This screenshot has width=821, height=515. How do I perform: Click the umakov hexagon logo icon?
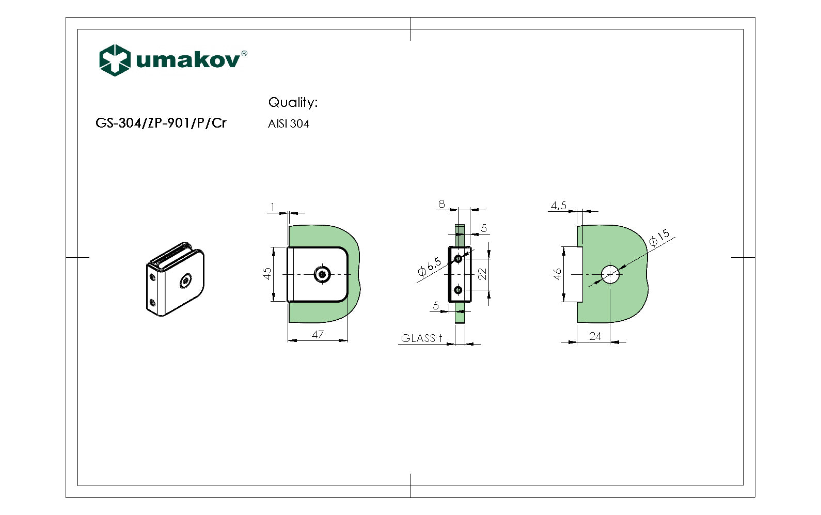pos(114,60)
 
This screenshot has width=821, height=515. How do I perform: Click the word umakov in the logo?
pos(188,60)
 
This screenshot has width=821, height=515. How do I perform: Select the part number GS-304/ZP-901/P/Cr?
pos(161,123)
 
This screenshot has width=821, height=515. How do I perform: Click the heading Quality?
pos(292,102)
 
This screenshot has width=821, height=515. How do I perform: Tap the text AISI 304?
pos(288,124)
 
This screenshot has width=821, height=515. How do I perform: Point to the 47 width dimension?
pos(318,335)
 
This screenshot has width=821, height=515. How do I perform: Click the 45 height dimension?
pos(267,273)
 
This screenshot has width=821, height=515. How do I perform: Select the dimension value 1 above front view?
pos(272,207)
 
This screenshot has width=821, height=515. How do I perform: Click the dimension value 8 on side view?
pos(441,204)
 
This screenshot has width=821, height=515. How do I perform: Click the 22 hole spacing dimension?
pos(482,274)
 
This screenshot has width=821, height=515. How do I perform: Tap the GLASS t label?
pos(421,338)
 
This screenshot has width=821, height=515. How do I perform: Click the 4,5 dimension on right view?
pos(558,206)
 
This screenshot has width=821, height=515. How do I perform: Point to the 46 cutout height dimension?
pos(557,274)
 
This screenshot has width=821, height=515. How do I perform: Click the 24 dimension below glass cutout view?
pos(595,336)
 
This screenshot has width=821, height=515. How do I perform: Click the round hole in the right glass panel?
pos(610,274)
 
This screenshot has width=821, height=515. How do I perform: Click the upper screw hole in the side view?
pos(458,258)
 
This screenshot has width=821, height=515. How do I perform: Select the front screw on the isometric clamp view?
pos(186,281)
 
